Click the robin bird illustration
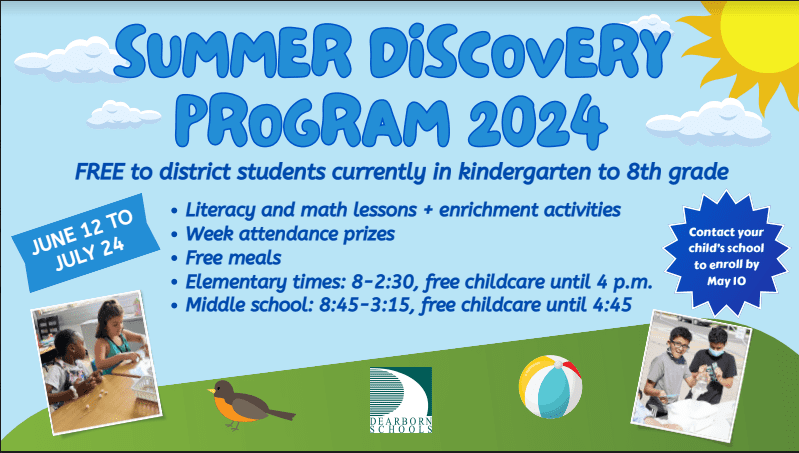click(x=249, y=405)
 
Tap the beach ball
click(x=550, y=387)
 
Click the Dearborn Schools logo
click(x=401, y=400)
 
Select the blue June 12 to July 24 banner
click(x=86, y=242)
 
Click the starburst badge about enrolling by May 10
click(x=726, y=254)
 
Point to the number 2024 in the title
click(x=538, y=121)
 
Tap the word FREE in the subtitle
click(x=99, y=172)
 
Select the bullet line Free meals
click(x=233, y=258)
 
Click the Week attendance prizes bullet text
click(x=290, y=234)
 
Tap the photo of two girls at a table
click(x=96, y=362)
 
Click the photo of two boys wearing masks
click(x=691, y=376)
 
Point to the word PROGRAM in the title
click(x=316, y=121)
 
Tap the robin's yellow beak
click(x=211, y=391)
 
